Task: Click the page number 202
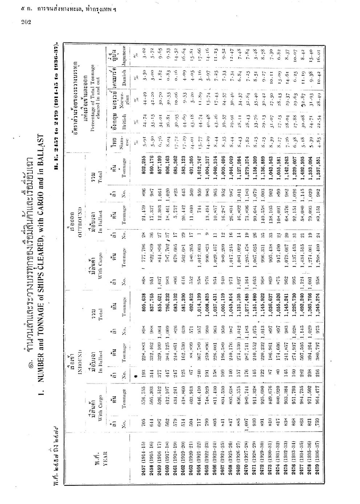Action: pyautogui.click(x=27, y=21)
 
